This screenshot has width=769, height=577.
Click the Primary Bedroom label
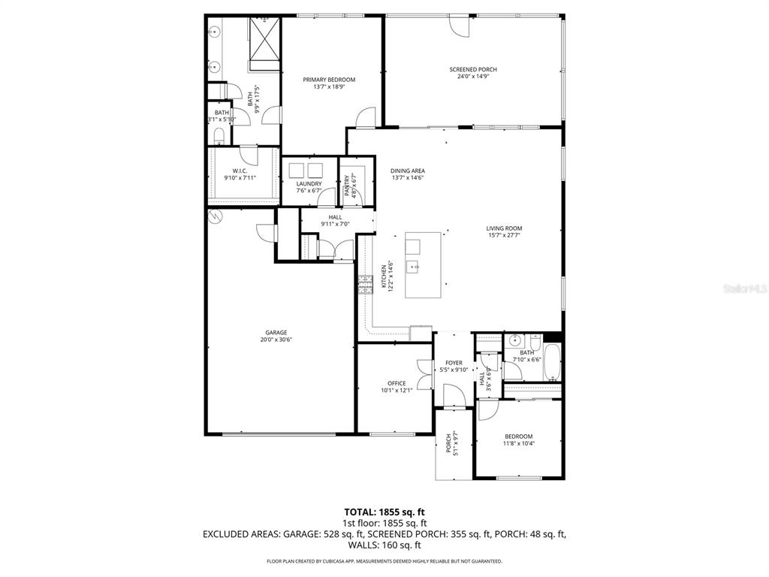coord(329,79)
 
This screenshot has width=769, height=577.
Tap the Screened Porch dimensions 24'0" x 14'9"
coord(473,77)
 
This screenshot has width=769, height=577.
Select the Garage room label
coord(276,332)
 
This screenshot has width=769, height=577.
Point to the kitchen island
coord(423,265)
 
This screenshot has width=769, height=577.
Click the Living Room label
coord(503,228)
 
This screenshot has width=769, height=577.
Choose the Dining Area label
coord(408,171)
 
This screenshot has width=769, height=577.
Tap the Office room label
coord(397,383)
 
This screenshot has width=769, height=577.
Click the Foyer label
coord(454,363)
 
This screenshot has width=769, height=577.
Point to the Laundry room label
coord(309,183)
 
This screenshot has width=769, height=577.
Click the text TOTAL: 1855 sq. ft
coord(384,512)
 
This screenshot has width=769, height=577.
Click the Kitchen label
coord(384,276)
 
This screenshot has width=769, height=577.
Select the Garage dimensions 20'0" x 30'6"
coord(276,340)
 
